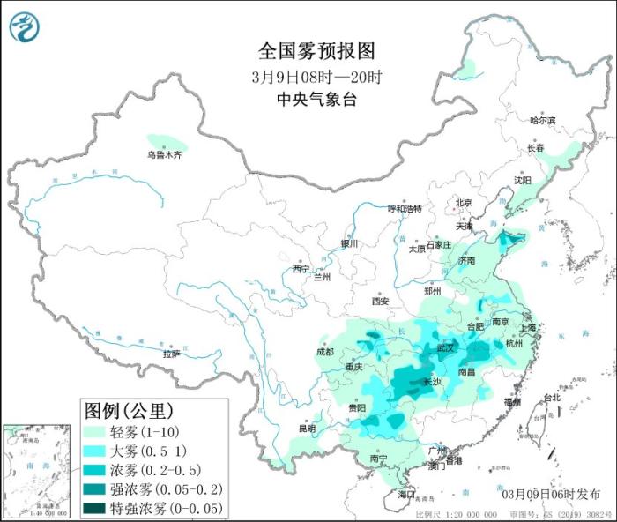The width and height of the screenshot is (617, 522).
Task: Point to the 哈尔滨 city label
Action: pyautogui.click(x=543, y=120)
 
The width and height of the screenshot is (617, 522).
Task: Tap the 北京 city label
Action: pyautogui.click(x=464, y=203)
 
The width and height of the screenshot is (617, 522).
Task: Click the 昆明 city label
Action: pyautogui.click(x=306, y=428)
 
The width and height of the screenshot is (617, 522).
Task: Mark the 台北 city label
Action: pyautogui.click(x=552, y=398)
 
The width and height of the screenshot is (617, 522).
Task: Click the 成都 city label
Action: pyautogui.click(x=323, y=352)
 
